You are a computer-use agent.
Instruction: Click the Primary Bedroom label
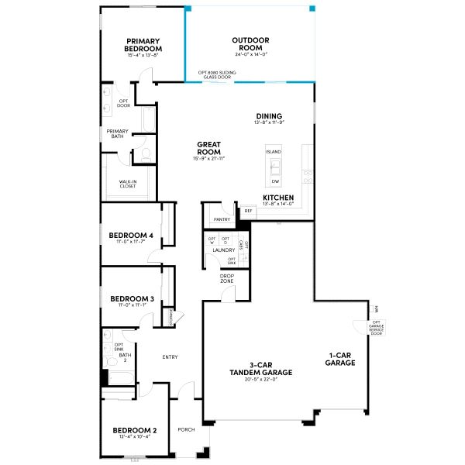[143, 45]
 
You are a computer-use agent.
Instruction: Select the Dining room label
[269, 116]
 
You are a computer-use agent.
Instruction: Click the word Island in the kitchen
[274, 152]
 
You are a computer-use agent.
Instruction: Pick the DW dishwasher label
[274, 181]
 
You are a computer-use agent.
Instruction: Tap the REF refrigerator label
[248, 211]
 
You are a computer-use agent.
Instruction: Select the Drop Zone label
[227, 278]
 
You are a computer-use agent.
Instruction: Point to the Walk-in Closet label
[128, 184]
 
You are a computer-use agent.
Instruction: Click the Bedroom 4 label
[131, 236]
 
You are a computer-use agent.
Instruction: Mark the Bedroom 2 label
[135, 430]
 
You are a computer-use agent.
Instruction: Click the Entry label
[170, 357]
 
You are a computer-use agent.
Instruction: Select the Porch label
[186, 429]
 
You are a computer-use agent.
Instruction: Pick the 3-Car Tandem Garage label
[260, 369]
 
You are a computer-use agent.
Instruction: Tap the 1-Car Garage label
[340, 359]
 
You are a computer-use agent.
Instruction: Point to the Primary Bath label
[118, 134]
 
